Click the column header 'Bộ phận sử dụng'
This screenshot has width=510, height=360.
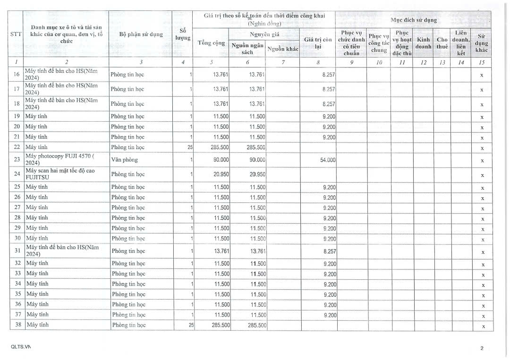(141, 34)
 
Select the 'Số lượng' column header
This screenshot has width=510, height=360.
(183, 34)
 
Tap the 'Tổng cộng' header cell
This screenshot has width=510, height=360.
(211, 43)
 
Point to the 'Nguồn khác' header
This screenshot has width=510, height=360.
(283, 49)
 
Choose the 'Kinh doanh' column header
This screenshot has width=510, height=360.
(423, 43)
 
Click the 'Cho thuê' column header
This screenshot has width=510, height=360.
(442, 43)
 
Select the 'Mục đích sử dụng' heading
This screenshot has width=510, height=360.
(413, 20)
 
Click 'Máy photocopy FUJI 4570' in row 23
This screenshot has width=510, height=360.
(60, 159)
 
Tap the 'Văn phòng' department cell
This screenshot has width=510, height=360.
(124, 160)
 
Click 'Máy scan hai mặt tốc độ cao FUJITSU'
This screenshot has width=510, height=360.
(60, 174)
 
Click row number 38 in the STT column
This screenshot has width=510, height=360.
(17, 325)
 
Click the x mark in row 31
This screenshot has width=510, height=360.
(482, 252)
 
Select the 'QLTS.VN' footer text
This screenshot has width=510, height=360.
(20, 347)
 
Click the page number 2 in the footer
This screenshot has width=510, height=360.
(482, 348)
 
